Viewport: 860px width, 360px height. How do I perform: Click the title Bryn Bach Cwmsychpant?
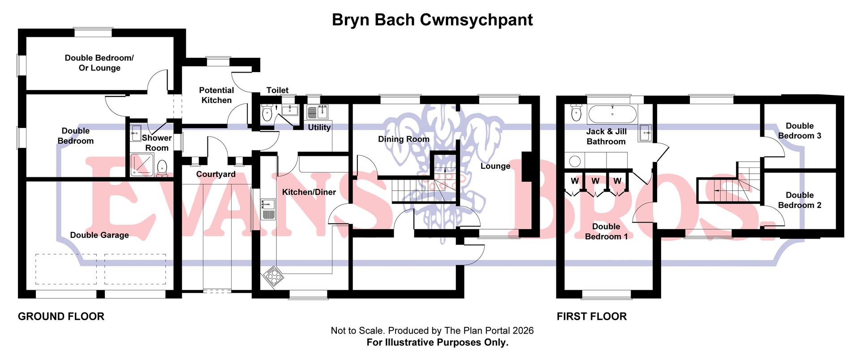(432, 20)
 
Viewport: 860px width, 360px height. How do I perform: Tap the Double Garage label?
(99, 235)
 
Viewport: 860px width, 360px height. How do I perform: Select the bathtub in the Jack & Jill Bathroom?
(612, 114)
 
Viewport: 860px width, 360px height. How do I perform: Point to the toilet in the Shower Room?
(162, 168)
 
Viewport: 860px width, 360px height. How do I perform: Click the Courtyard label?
(216, 174)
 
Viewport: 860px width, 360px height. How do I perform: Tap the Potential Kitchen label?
(216, 95)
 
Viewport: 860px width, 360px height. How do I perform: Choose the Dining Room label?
(404, 139)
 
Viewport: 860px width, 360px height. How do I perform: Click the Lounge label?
(495, 166)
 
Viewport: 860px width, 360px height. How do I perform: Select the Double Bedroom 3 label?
(800, 131)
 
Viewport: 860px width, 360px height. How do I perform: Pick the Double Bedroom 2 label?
(800, 200)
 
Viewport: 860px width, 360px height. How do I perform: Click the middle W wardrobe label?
(595, 181)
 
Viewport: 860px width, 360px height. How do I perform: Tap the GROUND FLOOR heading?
(61, 317)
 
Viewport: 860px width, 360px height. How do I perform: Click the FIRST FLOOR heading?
(591, 317)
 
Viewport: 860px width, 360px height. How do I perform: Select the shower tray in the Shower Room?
(141, 165)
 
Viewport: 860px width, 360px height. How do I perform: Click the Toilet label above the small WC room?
(277, 90)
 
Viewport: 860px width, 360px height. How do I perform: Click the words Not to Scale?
(357, 331)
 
